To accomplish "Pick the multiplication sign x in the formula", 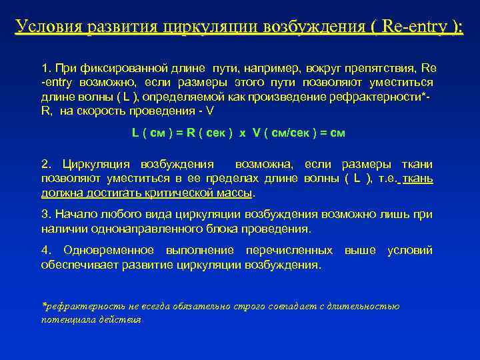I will pyautogui.click(x=243, y=132).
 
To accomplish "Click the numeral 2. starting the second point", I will pyautogui.click(x=46, y=164).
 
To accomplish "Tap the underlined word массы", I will pyautogui.click(x=238, y=193).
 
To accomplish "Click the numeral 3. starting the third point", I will pyautogui.click(x=45, y=214).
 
